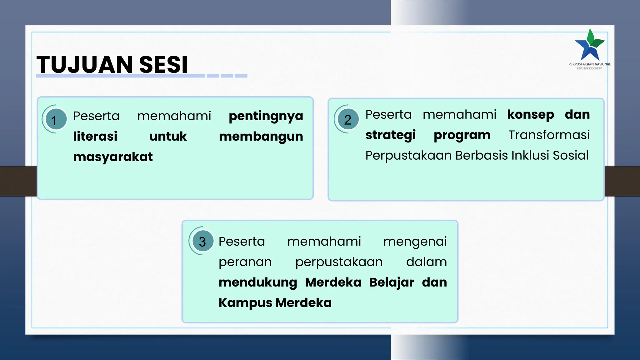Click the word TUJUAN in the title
coord(85,65)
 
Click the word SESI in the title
coord(163,65)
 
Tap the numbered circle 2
coord(348,119)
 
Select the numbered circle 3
coord(202,241)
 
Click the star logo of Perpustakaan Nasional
coord(590,46)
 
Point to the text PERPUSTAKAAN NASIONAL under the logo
coord(589,64)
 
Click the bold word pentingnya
coord(266,116)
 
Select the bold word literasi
coord(95,137)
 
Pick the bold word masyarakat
coord(113,157)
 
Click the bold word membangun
coord(261,137)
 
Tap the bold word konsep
coord(531,115)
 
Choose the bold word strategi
coord(391,135)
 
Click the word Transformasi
coord(549,135)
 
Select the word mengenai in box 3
coord(415,242)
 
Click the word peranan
coord(245,262)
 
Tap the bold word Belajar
coord(392,282)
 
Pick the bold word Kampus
coord(245,303)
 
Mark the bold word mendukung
coord(258,282)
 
